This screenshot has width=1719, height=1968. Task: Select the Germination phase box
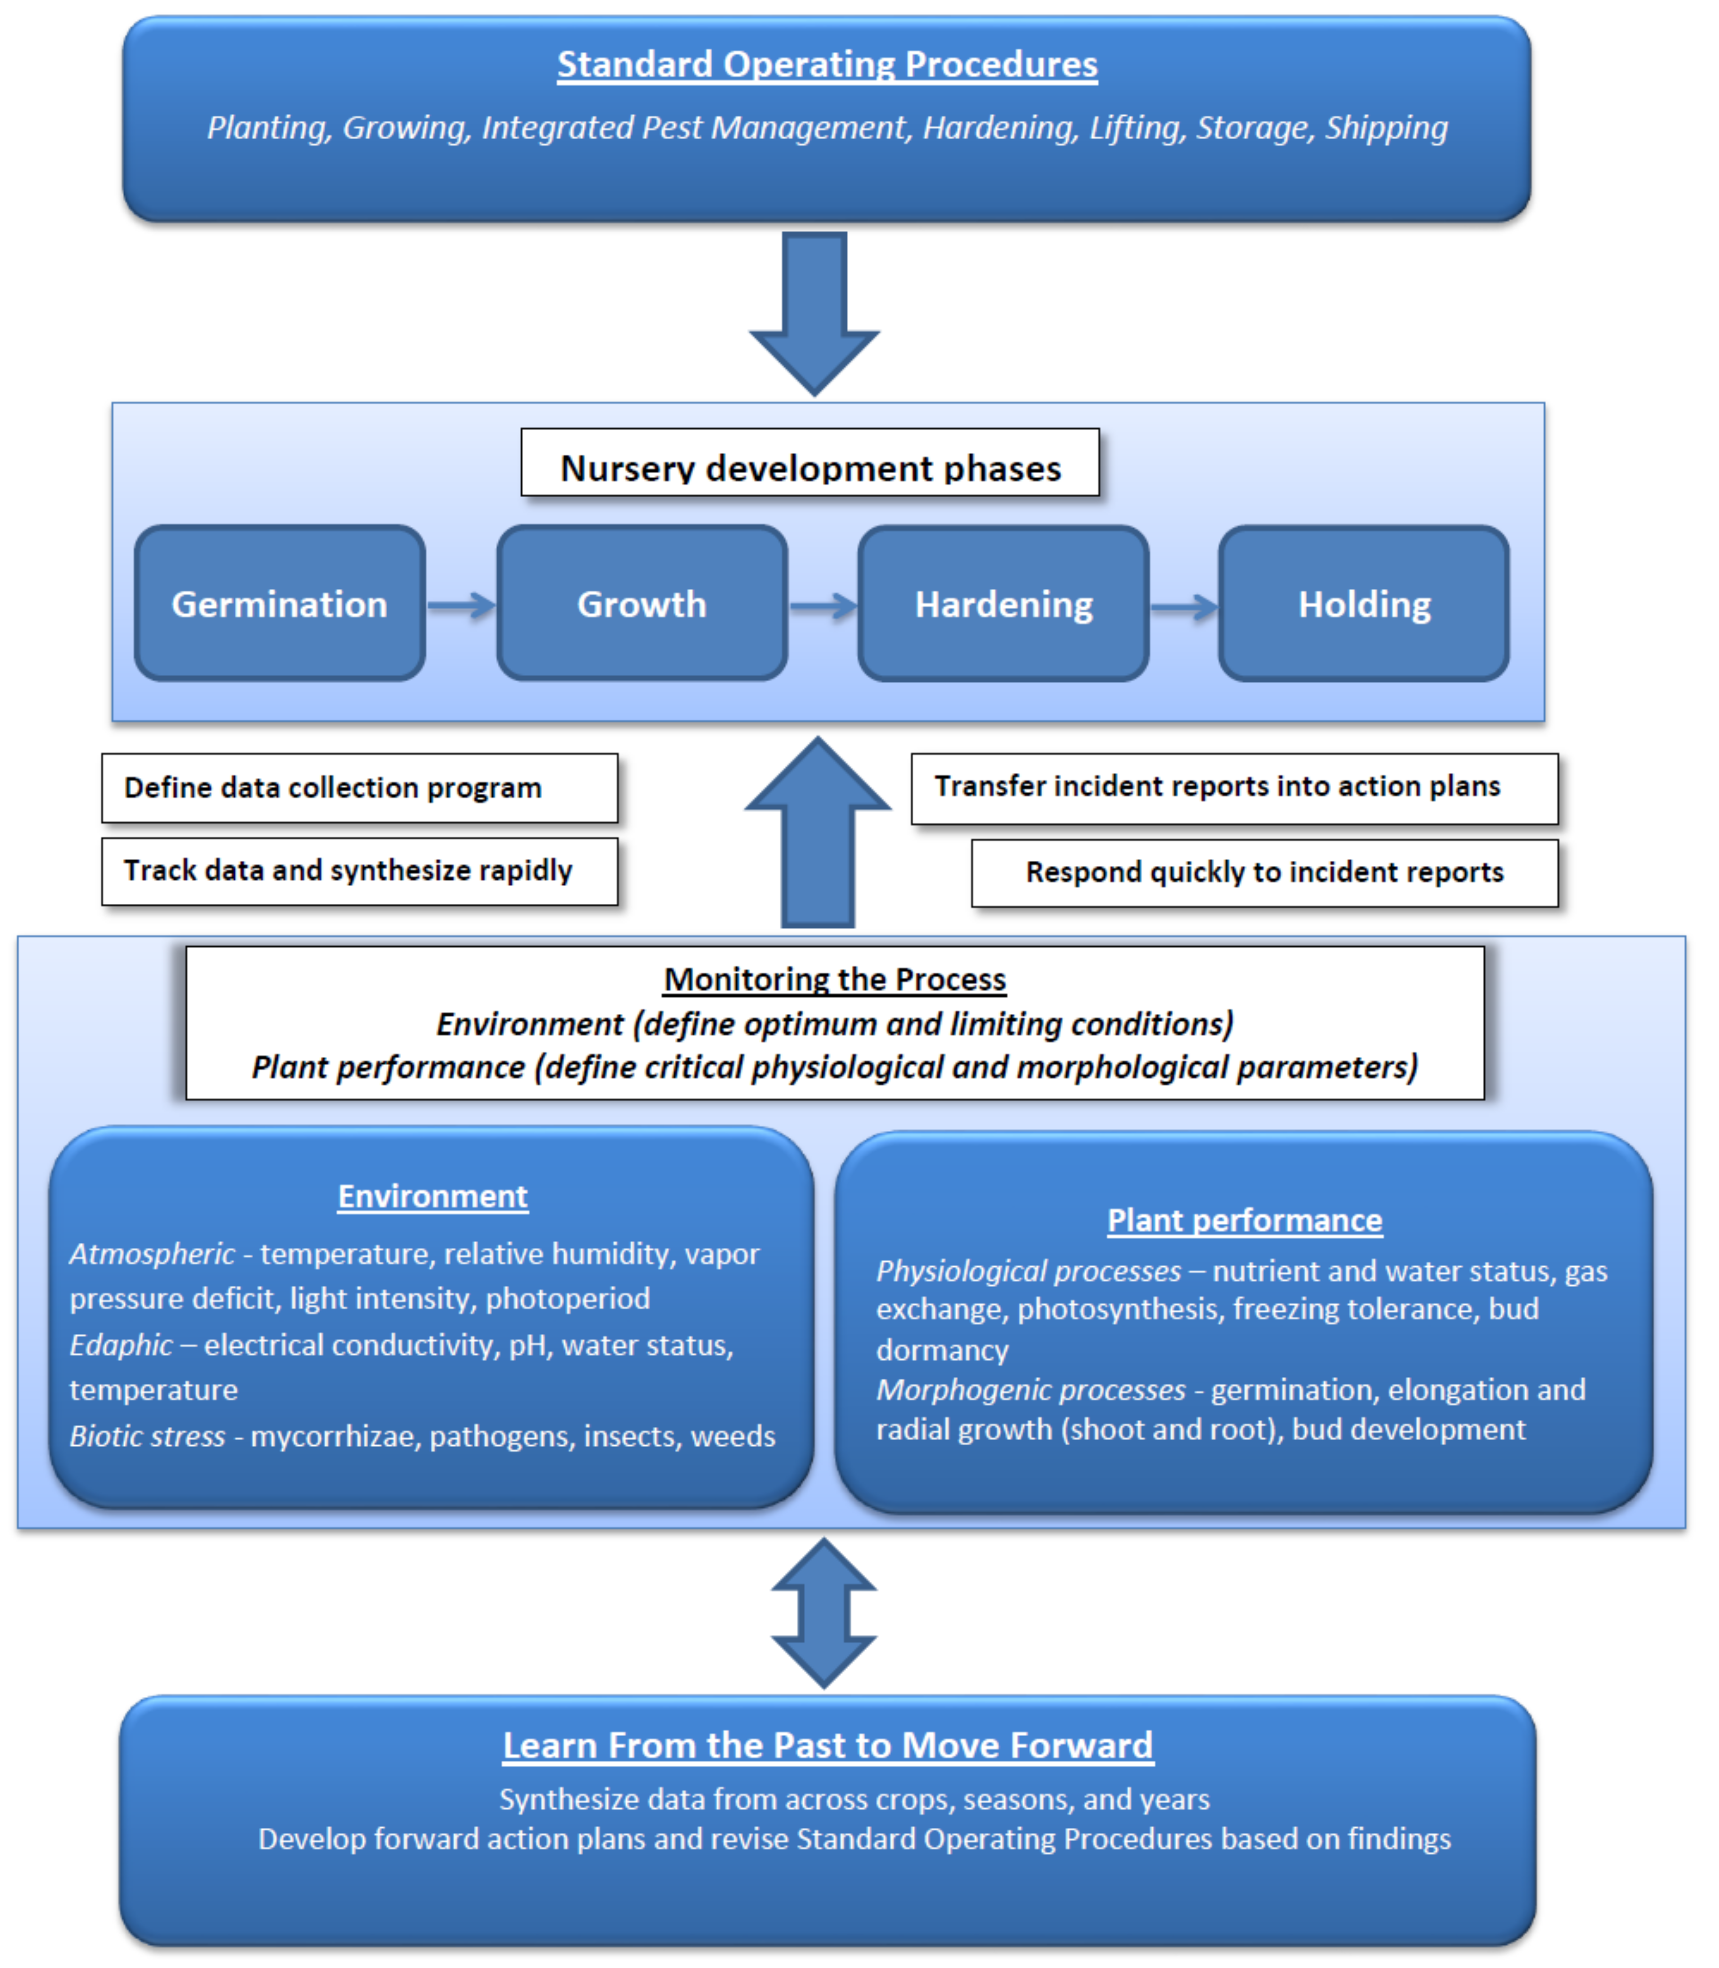(x=279, y=604)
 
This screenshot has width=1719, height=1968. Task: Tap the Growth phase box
(x=642, y=604)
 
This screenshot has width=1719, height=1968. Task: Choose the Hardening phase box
(x=1004, y=604)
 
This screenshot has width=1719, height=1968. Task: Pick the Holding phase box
(x=1364, y=604)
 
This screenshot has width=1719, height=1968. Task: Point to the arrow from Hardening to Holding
(x=1184, y=606)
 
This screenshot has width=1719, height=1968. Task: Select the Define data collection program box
(x=360, y=788)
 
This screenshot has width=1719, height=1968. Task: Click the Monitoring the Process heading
(x=834, y=979)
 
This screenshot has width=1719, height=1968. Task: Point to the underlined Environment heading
(x=433, y=1196)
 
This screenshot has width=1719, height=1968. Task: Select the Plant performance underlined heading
(x=1244, y=1220)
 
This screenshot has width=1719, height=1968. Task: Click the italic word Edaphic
(x=121, y=1345)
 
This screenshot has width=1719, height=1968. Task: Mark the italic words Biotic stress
(x=147, y=1436)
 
